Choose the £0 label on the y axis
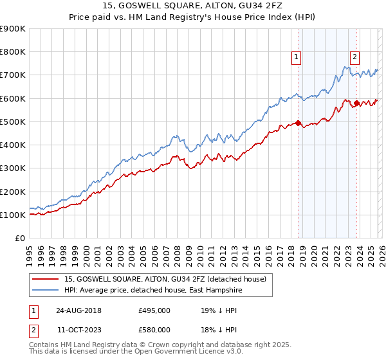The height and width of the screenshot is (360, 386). (20, 239)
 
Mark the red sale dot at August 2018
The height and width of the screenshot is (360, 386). (298, 123)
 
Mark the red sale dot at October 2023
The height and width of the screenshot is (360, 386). (356, 103)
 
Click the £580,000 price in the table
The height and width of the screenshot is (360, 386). (154, 330)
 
